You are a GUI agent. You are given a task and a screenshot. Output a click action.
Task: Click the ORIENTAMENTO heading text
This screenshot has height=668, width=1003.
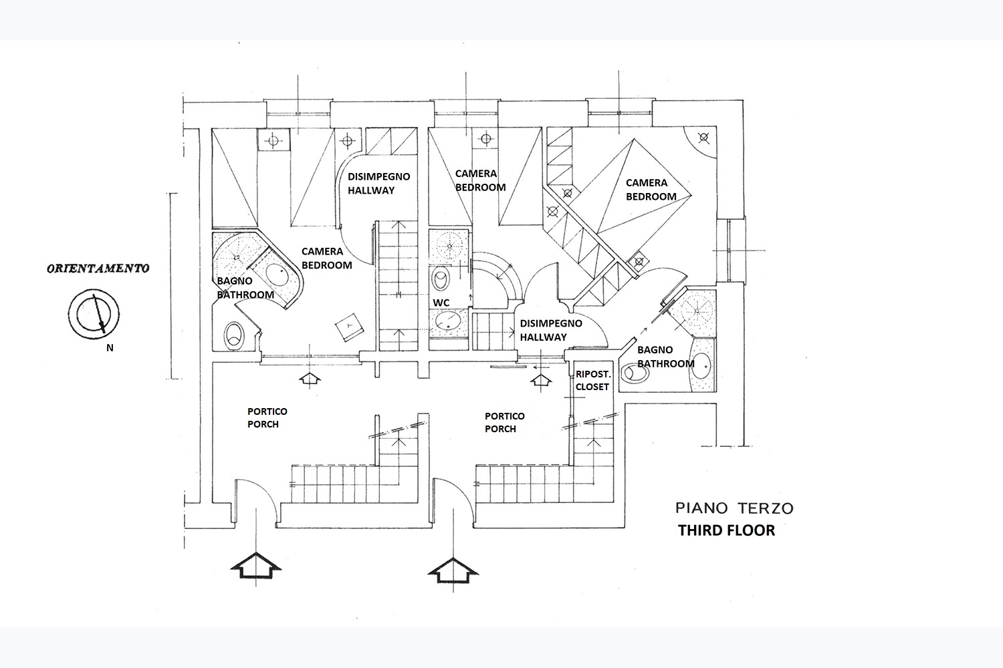(98, 269)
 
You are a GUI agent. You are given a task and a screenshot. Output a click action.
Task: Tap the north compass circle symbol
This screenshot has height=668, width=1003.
(94, 313)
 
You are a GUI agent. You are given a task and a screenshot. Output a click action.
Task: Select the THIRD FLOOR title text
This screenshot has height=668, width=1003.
(726, 530)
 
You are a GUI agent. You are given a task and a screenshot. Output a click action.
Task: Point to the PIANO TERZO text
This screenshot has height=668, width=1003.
(734, 508)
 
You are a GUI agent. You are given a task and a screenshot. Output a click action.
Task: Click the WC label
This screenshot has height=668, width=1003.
(441, 303)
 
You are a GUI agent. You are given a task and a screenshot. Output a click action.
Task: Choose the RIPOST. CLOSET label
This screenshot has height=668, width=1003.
(592, 380)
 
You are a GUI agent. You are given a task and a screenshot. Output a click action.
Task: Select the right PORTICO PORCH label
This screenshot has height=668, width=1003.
(504, 422)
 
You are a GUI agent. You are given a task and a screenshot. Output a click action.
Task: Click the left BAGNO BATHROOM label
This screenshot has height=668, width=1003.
(245, 288)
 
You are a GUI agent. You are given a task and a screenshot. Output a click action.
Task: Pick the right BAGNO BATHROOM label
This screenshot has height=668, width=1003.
(665, 357)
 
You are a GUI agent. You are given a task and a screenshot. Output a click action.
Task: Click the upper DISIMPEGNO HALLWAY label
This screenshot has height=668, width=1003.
(378, 183)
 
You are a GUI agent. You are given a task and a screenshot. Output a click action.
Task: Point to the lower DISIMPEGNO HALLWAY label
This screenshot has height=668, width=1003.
(551, 330)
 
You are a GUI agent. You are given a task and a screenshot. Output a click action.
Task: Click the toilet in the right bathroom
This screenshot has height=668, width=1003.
(635, 374)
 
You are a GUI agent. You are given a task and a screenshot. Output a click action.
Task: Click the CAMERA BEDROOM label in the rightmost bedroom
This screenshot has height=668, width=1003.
(650, 189)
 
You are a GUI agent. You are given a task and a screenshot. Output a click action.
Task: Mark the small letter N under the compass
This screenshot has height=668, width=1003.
(110, 347)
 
